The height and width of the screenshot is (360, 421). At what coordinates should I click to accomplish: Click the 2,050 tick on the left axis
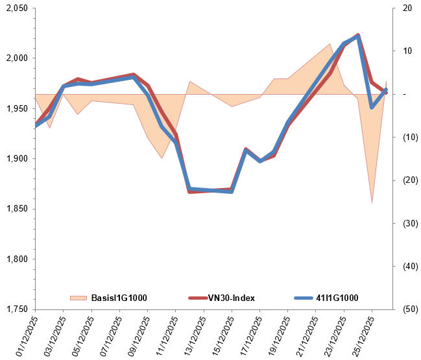14,8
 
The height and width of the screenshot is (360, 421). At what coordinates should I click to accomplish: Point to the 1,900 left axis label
14,158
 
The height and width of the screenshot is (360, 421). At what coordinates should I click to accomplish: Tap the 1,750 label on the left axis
14,309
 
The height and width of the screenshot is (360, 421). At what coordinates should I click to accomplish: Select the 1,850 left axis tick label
14,209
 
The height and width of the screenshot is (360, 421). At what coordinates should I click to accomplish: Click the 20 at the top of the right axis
407,8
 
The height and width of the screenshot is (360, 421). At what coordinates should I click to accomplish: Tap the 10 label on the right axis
407,51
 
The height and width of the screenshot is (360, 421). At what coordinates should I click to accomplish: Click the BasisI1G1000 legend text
119,298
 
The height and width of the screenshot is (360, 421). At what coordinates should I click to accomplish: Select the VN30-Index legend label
231,298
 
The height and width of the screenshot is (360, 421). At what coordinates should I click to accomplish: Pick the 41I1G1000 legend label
337,298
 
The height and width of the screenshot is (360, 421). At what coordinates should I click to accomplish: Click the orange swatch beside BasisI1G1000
78,298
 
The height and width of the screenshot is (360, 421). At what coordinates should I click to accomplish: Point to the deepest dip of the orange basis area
372,202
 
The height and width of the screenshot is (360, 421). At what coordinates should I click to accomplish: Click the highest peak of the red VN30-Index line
358,35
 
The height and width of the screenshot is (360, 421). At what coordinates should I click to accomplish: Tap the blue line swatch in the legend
303,298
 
